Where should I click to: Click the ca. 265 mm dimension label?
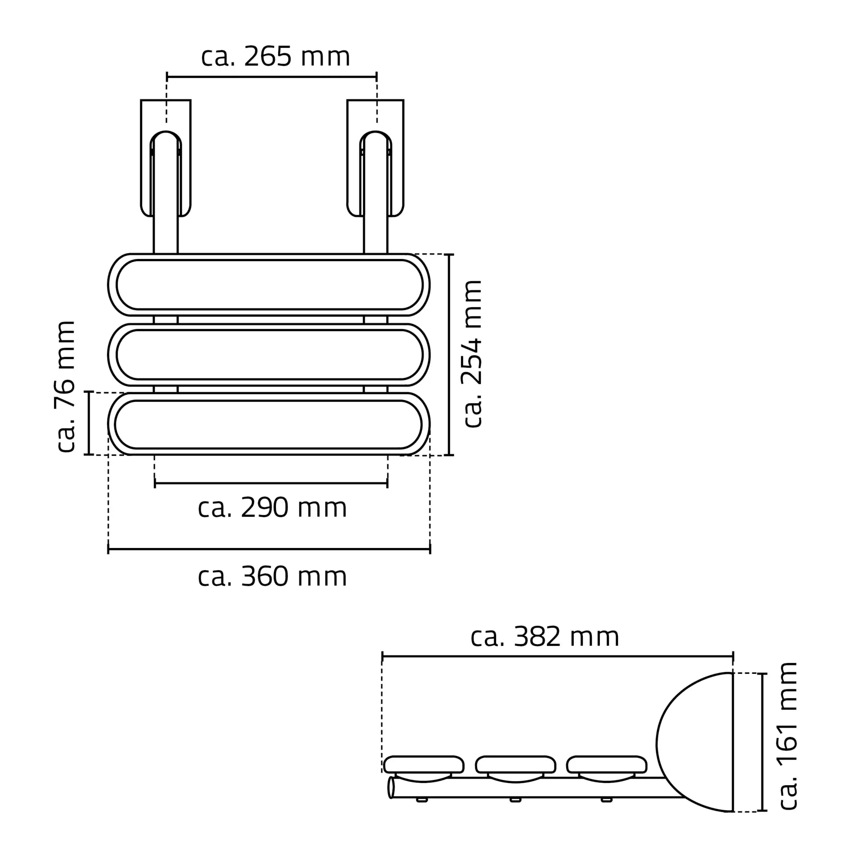275,57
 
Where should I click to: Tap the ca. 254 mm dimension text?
473,354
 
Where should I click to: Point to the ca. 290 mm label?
272,508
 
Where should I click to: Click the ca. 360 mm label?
272,577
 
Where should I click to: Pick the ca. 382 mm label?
544,637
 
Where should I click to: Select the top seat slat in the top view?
269,285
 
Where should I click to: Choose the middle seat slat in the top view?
269,355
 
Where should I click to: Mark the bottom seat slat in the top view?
269,424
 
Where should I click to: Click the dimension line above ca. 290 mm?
271,484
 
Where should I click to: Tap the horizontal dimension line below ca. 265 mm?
272,77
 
